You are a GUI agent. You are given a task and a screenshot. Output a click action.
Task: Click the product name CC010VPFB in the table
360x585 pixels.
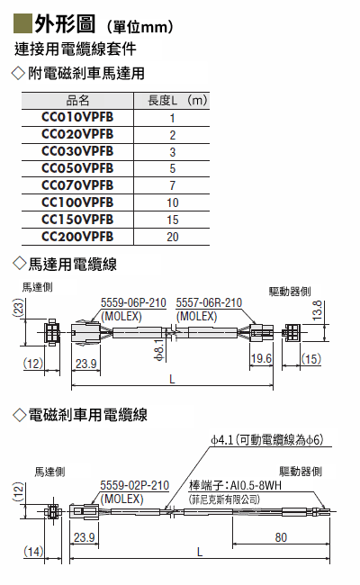pyautogui.click(x=77, y=117)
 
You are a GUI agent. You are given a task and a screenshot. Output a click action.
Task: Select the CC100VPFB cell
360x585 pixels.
pyautogui.click(x=77, y=202)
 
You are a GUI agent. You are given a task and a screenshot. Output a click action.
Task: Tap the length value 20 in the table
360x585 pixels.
pyautogui.click(x=173, y=237)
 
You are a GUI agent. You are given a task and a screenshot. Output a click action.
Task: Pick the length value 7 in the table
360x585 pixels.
pyautogui.click(x=173, y=185)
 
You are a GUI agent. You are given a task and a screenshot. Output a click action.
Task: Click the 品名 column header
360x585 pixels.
pyautogui.click(x=77, y=101)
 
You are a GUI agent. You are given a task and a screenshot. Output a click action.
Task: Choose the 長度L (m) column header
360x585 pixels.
pyautogui.click(x=177, y=101)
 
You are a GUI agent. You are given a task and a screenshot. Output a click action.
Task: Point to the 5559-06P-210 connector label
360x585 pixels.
pyautogui.click(x=133, y=302)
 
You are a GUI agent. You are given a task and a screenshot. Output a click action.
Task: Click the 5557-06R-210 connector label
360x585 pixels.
pyautogui.click(x=209, y=302)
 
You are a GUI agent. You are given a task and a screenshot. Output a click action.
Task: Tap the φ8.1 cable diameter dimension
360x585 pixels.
pyautogui.click(x=159, y=350)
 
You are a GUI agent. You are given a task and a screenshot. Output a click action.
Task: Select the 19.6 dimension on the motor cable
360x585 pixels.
pyautogui.click(x=261, y=358)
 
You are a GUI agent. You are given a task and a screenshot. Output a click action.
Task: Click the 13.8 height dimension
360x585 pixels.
pyautogui.click(x=317, y=310)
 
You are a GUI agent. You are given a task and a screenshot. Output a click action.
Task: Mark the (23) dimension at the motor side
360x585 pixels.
pyautogui.click(x=19, y=308)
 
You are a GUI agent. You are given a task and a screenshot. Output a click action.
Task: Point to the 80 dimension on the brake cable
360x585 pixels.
pyautogui.click(x=281, y=537)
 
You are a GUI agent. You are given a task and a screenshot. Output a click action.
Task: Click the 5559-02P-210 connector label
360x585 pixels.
pyautogui.click(x=135, y=485)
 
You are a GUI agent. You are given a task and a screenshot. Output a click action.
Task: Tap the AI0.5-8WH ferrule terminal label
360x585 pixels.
pyautogui.click(x=256, y=485)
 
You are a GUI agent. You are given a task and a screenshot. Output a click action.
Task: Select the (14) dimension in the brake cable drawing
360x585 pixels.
pyautogui.click(x=33, y=551)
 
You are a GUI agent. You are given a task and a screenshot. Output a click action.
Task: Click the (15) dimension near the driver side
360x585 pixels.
pyautogui.click(x=311, y=359)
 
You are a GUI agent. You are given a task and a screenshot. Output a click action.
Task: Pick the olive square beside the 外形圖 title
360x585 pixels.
pyautogui.click(x=22, y=23)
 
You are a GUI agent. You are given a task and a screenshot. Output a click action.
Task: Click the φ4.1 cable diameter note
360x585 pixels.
pyautogui.click(x=222, y=440)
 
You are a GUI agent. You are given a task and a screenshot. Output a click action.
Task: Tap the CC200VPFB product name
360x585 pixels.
pyautogui.click(x=77, y=237)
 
